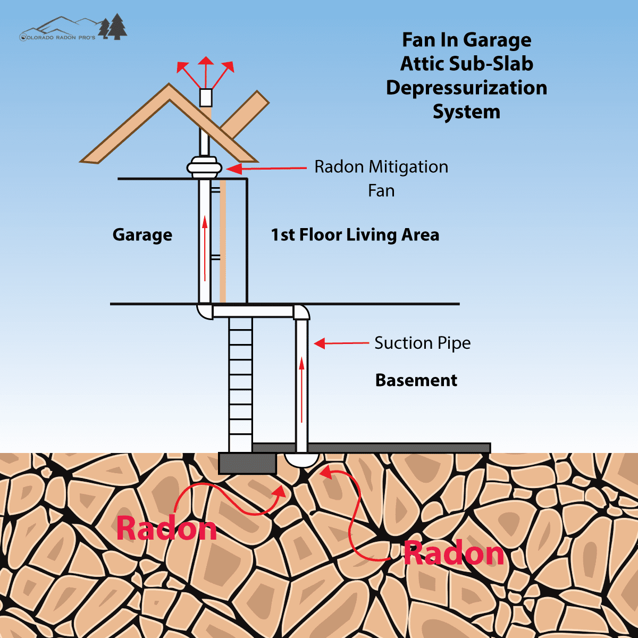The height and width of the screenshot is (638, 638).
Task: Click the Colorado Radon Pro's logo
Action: [x=73, y=29]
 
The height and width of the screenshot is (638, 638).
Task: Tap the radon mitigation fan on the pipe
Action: [x=204, y=167]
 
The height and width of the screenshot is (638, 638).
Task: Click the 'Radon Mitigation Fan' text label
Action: [x=381, y=178]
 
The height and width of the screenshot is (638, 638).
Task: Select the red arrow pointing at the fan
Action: [x=266, y=169]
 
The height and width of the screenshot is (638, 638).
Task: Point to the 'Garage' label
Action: [x=142, y=235]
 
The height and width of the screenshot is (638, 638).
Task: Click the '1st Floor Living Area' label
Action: [x=355, y=235]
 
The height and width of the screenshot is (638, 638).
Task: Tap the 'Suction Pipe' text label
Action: [x=422, y=343]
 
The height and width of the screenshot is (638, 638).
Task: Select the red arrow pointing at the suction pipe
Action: [x=341, y=343]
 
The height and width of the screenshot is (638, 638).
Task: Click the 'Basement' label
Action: [x=416, y=380]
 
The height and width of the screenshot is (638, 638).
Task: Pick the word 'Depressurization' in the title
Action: [x=466, y=88]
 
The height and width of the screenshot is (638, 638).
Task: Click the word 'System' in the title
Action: [x=466, y=112]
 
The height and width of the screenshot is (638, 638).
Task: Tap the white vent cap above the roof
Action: [x=205, y=97]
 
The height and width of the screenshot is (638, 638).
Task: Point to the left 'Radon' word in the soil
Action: [x=166, y=528]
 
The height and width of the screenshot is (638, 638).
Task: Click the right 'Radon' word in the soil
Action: [x=454, y=553]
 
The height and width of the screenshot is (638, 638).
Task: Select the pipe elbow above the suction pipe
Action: [x=301, y=312]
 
